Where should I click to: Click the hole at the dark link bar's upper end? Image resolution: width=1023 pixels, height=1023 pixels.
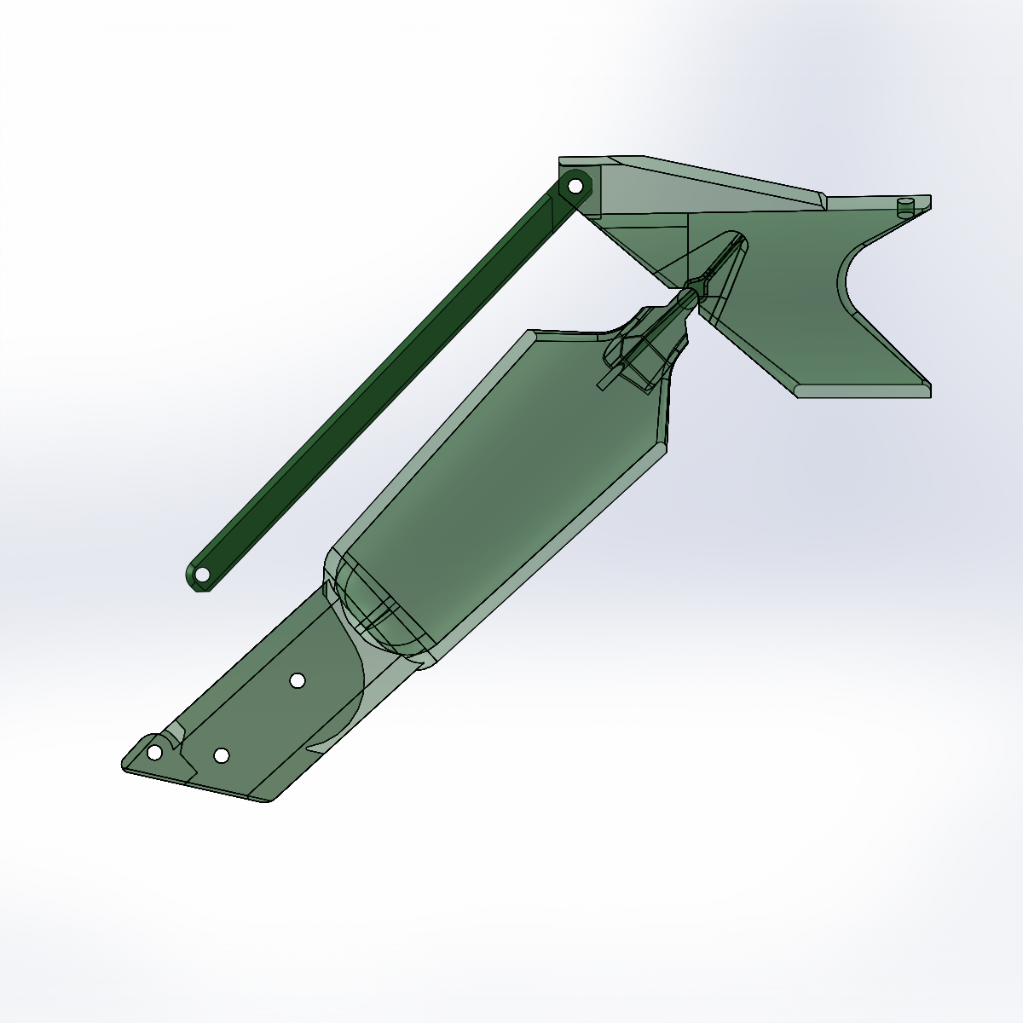click(x=575, y=186)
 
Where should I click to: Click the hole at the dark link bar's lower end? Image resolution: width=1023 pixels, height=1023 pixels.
click(x=202, y=575)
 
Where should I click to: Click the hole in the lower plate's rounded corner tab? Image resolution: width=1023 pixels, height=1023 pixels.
click(x=154, y=753)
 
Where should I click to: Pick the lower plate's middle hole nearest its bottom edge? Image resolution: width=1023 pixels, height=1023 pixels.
click(x=221, y=755)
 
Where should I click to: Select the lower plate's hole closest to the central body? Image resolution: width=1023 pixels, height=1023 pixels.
click(x=298, y=679)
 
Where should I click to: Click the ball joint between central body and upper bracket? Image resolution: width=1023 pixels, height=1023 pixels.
click(x=687, y=298)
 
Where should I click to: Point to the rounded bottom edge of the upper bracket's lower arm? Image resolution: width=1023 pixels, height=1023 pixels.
click(x=861, y=391)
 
